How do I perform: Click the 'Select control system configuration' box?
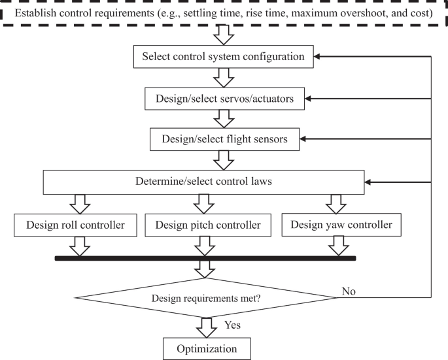coord(223,57)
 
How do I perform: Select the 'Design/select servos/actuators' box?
coord(224,99)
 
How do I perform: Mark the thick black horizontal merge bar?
coord(204,259)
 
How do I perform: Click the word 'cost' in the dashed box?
coord(422,13)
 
